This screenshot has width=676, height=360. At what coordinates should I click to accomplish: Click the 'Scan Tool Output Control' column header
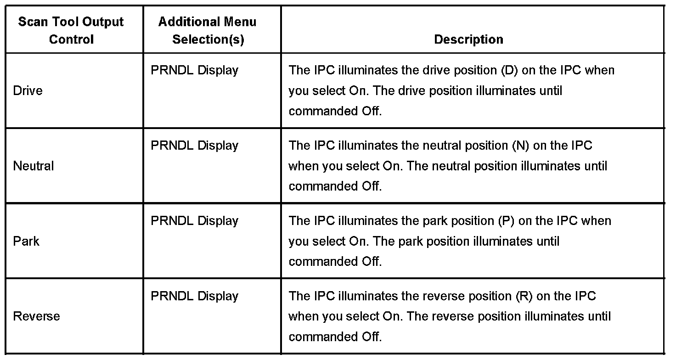point(71,30)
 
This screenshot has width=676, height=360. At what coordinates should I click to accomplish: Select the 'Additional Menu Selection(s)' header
point(208,30)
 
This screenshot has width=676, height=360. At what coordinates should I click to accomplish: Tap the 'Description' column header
point(468,39)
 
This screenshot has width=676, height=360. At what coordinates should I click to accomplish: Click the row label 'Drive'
point(28,90)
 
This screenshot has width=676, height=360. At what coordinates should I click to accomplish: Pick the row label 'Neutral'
point(34,166)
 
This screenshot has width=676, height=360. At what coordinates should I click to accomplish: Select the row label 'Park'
point(26,241)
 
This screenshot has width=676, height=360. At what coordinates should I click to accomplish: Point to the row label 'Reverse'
point(36,316)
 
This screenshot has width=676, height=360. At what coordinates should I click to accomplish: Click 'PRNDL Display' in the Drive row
point(194,70)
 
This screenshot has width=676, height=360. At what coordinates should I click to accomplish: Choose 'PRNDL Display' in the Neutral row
point(194,146)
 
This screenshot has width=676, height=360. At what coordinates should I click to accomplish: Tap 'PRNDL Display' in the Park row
point(194,221)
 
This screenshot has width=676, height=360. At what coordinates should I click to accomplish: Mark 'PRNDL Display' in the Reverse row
point(194,296)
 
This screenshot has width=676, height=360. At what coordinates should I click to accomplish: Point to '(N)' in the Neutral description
point(521,146)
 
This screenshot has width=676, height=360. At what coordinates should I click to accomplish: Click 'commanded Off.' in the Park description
point(335,261)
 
